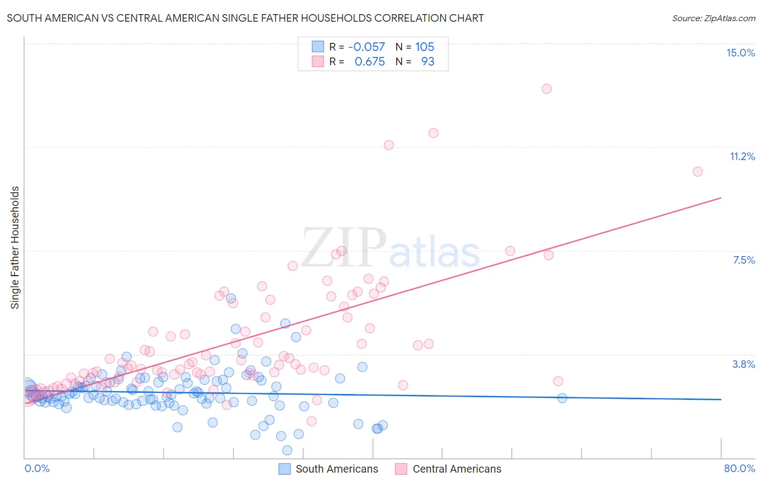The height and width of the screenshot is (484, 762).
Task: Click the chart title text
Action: pos(245,18)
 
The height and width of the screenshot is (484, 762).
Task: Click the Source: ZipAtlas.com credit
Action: pos(713,18)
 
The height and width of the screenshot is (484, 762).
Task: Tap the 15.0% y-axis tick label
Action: pos(740,53)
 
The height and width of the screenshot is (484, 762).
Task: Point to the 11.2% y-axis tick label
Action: pos(742,156)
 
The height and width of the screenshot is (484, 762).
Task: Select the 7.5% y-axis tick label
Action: pos(744,260)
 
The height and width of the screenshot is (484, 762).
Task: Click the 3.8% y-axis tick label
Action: pos(744,364)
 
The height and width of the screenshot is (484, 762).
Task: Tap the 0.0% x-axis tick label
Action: pos(37,468)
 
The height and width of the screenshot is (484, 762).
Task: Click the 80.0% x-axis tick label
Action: pos(739,468)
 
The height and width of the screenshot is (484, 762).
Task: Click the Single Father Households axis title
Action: pos(15,247)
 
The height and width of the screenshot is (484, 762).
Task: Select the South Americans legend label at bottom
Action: pos(337,469)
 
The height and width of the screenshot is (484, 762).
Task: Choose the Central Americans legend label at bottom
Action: pos(457,469)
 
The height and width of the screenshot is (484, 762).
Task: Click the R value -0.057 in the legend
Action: pos(366,47)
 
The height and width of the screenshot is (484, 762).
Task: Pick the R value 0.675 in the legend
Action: pos(370,62)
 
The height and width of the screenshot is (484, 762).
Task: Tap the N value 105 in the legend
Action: pos(425,47)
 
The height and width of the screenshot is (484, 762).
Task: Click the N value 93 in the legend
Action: pos(428,62)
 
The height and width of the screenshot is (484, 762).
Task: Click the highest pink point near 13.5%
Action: pos(546,89)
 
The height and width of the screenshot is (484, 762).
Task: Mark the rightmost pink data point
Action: pos(698,171)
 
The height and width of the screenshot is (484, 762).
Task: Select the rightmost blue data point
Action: pos(562,398)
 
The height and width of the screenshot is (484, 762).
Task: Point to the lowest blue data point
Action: pos(287,450)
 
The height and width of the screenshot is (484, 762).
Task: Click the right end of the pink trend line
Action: pos(721,198)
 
